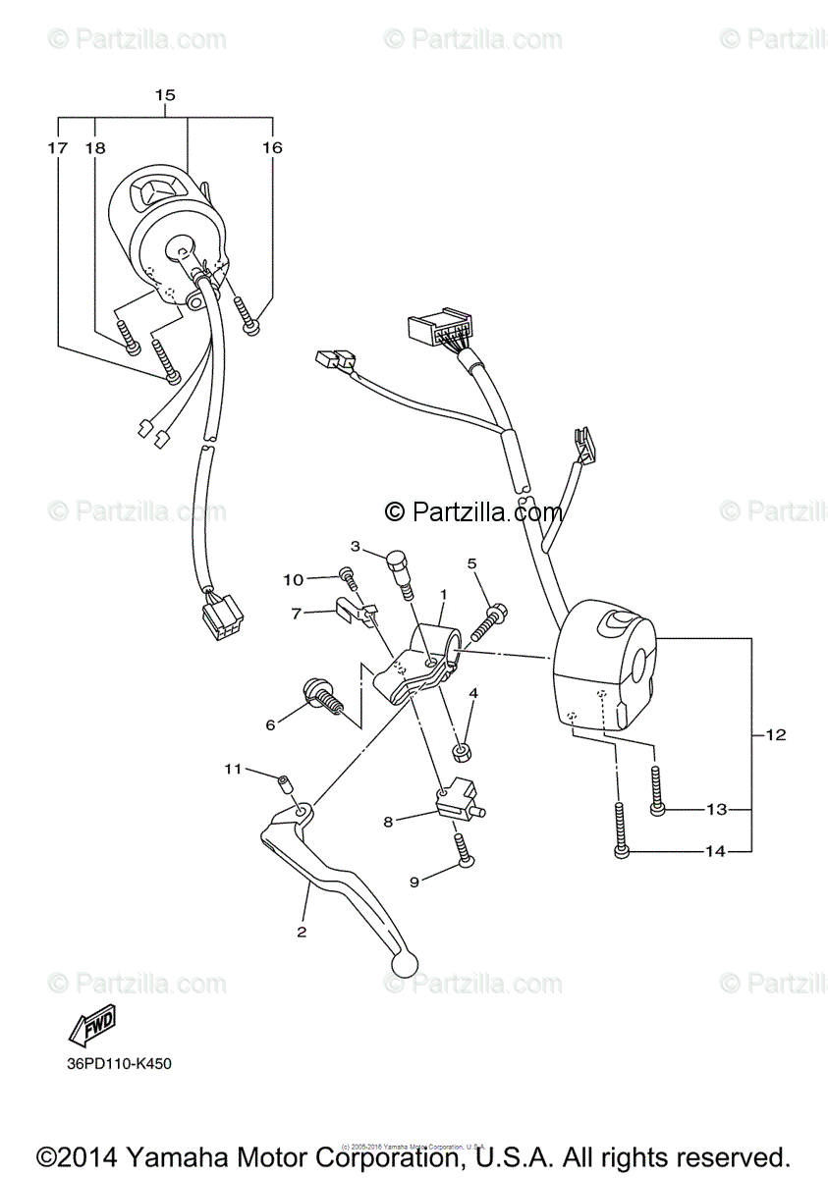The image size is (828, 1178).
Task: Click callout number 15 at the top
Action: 164,95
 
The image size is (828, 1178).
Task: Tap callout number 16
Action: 272,148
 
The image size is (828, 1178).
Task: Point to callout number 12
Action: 776,734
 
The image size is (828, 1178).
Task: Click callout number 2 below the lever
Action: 302,931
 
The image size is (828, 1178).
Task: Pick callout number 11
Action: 232,769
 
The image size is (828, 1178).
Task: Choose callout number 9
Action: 414,882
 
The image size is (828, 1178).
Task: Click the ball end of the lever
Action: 403,965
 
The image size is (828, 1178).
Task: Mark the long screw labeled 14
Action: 621,830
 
